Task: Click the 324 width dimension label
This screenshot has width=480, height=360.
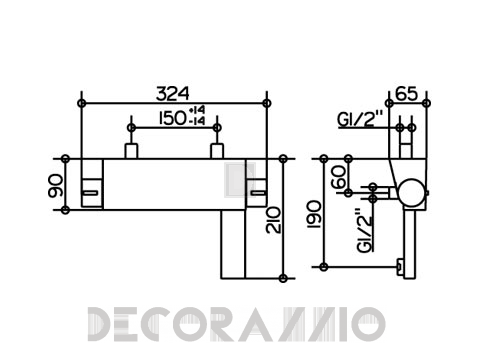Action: (173, 94)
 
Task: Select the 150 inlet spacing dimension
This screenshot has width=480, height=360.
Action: (172, 118)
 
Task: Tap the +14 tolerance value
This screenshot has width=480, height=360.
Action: (197, 110)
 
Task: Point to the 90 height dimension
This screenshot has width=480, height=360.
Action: (55, 186)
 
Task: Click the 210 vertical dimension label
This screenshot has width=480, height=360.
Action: (273, 220)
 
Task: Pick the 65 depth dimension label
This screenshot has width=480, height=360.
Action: (406, 94)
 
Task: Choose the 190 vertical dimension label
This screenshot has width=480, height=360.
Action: (314, 214)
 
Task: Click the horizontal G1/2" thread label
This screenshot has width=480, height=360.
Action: (361, 119)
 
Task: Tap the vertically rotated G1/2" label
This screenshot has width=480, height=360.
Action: (364, 230)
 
